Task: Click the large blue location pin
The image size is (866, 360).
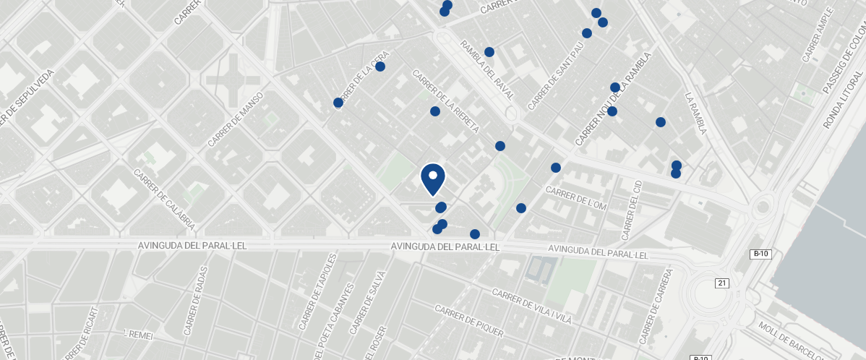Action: pyautogui.click(x=432, y=179)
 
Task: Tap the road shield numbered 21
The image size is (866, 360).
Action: pyautogui.click(x=721, y=283)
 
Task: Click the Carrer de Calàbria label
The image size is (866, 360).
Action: pyautogui.click(x=164, y=200)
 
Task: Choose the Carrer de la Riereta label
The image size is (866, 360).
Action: pyautogui.click(x=445, y=101)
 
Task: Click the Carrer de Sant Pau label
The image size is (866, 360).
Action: pyautogui.click(x=555, y=76)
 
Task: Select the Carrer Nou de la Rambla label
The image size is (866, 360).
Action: pyautogui.click(x=613, y=98)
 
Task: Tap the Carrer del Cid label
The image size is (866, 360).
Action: pyautogui.click(x=631, y=210)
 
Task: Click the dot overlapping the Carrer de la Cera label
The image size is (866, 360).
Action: pyautogui.click(x=338, y=103)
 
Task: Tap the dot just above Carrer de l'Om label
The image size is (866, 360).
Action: pyautogui.click(x=555, y=168)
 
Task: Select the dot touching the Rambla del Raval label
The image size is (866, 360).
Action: pyautogui.click(x=489, y=52)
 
